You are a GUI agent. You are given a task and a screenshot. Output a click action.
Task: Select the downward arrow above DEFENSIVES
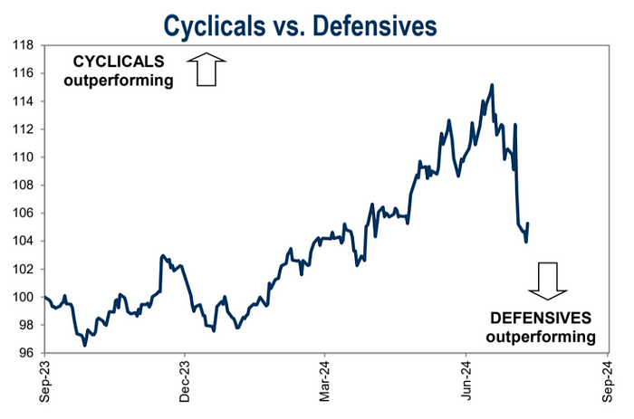(x=547, y=281)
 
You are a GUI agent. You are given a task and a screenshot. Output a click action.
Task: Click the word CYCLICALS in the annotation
(x=118, y=63)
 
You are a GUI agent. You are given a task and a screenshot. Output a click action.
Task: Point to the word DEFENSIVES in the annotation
(x=541, y=319)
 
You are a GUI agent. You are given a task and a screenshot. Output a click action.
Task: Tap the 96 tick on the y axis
(x=25, y=353)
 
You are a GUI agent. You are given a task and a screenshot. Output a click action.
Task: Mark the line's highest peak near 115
(x=492, y=85)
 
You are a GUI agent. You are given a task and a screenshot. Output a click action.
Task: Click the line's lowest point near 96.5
(x=85, y=345)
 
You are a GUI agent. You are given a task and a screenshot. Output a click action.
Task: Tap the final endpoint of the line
(x=528, y=224)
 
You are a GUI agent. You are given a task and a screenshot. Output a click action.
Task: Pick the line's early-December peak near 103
(x=161, y=256)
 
